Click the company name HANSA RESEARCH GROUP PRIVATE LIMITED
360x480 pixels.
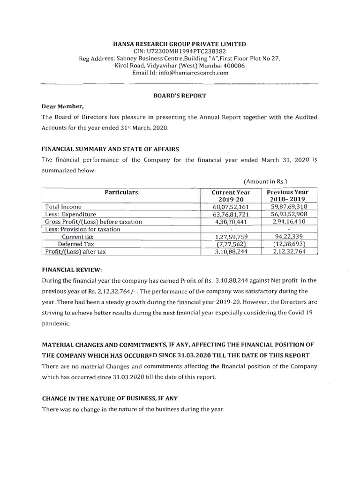click(180, 44)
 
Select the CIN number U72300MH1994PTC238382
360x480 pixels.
click(180, 51)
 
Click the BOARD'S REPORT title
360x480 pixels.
click(180, 95)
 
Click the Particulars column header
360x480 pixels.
click(121, 192)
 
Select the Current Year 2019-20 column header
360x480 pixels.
click(231, 196)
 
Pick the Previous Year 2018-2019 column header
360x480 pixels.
click(287, 196)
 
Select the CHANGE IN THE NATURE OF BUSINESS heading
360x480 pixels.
click(110, 398)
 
